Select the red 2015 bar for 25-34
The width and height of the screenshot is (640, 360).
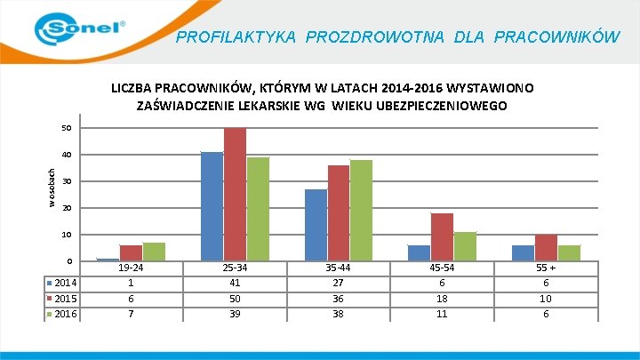(235, 194)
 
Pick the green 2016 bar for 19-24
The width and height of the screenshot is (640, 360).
(154, 252)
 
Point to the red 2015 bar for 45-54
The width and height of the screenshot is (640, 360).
(442, 236)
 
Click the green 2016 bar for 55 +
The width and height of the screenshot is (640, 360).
(568, 252)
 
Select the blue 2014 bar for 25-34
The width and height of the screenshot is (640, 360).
(212, 206)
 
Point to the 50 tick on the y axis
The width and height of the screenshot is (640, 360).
(67, 129)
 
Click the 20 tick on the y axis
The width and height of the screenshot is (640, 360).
(67, 208)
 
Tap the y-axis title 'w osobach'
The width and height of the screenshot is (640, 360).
(52, 188)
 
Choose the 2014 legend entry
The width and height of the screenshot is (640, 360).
(63, 283)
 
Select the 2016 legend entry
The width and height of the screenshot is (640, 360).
(63, 314)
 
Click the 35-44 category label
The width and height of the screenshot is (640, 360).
(339, 268)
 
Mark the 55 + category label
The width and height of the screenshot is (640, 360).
(546, 268)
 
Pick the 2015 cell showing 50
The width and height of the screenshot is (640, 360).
(235, 299)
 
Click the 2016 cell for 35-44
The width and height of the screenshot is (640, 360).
(339, 314)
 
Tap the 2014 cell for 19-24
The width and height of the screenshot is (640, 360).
(131, 283)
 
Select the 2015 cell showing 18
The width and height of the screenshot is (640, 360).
(442, 299)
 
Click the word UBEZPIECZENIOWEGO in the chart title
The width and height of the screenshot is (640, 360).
(451, 106)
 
